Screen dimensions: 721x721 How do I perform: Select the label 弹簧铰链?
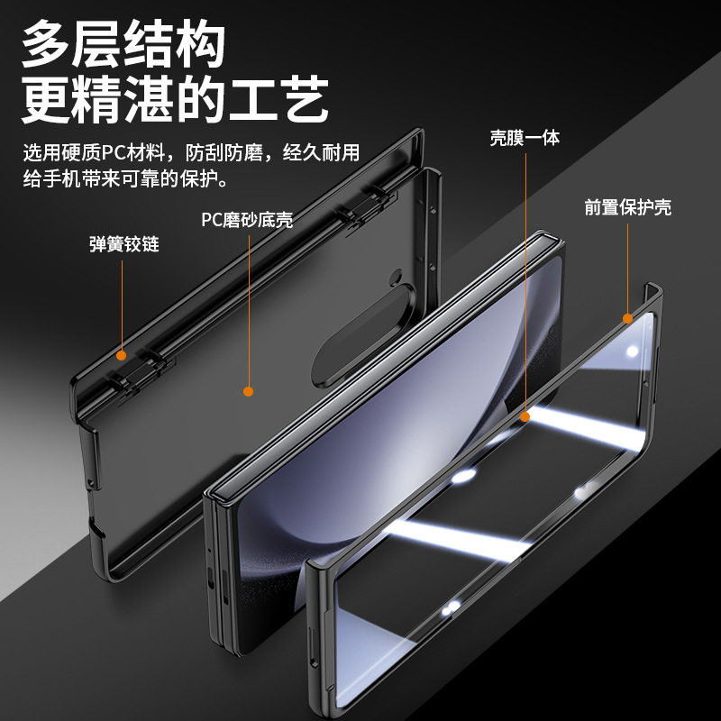coord(123,243)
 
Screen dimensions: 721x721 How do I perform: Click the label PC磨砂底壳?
coord(247,220)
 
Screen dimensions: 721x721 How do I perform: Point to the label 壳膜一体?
coord(525,138)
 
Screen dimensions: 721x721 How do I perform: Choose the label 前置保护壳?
coord(627,207)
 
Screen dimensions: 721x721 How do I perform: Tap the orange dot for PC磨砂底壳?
coord(248,391)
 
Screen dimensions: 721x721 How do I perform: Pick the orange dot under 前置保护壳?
coord(627,317)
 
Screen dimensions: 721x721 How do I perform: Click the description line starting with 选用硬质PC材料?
coord(191,151)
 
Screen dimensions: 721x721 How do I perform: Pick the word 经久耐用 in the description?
coord(322,151)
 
